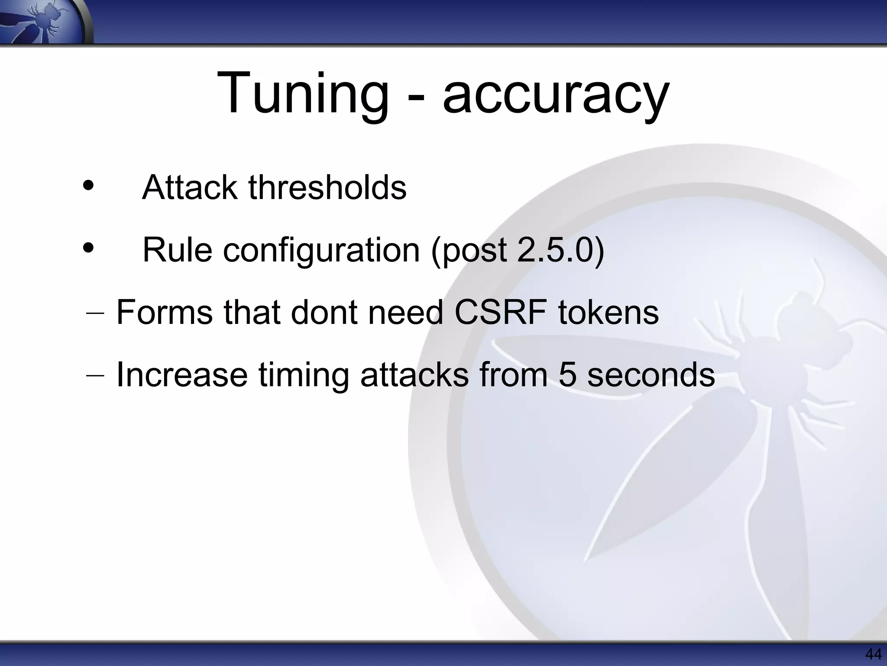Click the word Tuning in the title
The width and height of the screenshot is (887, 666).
(x=303, y=93)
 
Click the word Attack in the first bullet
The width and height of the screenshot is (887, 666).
(x=190, y=188)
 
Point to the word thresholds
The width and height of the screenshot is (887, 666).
(x=327, y=188)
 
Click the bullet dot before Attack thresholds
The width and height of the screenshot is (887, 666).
(x=88, y=186)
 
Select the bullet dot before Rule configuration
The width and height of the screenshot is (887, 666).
(x=88, y=248)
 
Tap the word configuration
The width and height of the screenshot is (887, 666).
(x=321, y=251)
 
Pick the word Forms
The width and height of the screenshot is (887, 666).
(x=165, y=312)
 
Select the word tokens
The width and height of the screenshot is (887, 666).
(x=608, y=312)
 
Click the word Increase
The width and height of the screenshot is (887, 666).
(x=182, y=375)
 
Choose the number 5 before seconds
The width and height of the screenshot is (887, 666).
(x=567, y=375)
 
